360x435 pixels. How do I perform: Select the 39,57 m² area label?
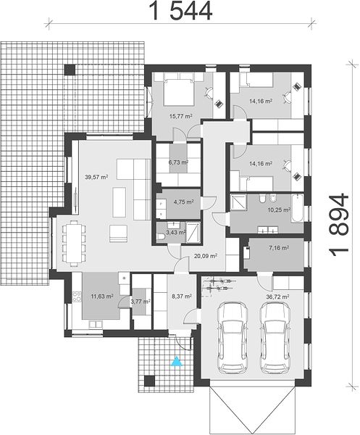[x=96, y=177]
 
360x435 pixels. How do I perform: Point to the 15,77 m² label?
[x=180, y=116]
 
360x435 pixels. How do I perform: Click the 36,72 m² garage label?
[x=277, y=297]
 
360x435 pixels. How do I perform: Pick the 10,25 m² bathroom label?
[x=279, y=210]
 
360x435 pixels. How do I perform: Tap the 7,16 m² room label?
[x=279, y=248]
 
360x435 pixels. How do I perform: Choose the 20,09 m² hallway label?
[x=206, y=255]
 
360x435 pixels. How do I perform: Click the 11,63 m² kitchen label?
[x=102, y=297]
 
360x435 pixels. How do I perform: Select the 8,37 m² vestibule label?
[x=182, y=297]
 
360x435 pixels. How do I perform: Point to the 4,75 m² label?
[x=183, y=202]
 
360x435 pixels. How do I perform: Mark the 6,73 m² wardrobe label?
[x=178, y=162]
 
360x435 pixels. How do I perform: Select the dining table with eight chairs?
[x=74, y=244]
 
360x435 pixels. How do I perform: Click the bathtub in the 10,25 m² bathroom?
[x=297, y=208]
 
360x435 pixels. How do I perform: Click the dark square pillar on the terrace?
[x=70, y=70]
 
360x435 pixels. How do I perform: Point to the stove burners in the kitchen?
[x=77, y=297]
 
